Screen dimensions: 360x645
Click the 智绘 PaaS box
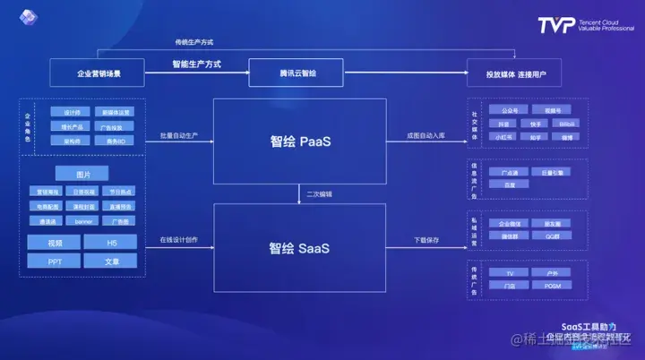(x=299, y=141)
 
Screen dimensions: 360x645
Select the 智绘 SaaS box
(x=299, y=247)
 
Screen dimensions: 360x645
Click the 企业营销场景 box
(x=98, y=71)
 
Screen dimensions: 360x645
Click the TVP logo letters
(x=556, y=24)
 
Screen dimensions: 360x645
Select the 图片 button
(x=82, y=174)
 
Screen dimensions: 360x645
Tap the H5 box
(x=110, y=242)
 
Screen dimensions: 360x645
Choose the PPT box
(x=55, y=261)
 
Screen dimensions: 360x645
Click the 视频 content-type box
(x=55, y=242)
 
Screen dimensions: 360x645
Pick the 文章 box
(x=110, y=261)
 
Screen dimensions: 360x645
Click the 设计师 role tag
(x=73, y=112)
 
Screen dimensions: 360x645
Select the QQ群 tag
(x=552, y=236)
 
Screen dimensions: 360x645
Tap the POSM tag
(x=552, y=286)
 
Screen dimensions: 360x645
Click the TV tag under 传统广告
(x=510, y=271)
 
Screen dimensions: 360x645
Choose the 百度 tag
(x=510, y=184)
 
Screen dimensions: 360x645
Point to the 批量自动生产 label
(x=179, y=135)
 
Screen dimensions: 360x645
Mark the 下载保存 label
(x=426, y=240)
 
